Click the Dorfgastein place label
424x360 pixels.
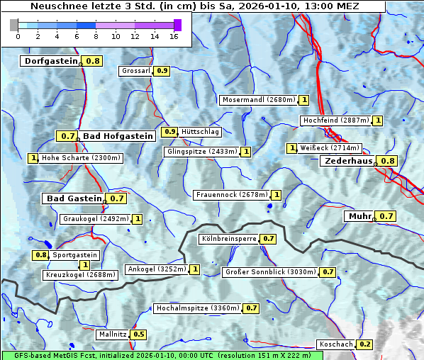tap(50, 61)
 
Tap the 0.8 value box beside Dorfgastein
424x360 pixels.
tap(93, 61)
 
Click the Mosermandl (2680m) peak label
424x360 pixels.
tap(258, 100)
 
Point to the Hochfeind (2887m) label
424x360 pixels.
tap(335, 120)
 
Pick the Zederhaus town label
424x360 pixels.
tap(347, 161)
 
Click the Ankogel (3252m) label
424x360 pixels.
tap(156, 269)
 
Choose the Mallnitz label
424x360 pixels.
tap(112, 334)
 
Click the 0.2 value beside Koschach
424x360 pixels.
tap(365, 344)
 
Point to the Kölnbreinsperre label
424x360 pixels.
tap(228, 239)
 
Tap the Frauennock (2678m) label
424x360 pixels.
tap(231, 194)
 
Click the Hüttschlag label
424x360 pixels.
tap(201, 132)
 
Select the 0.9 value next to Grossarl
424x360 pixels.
tap(162, 71)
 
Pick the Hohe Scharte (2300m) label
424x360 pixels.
tap(81, 158)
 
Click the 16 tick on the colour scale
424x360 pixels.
tap(174, 36)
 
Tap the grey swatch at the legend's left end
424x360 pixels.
tap(14, 25)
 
